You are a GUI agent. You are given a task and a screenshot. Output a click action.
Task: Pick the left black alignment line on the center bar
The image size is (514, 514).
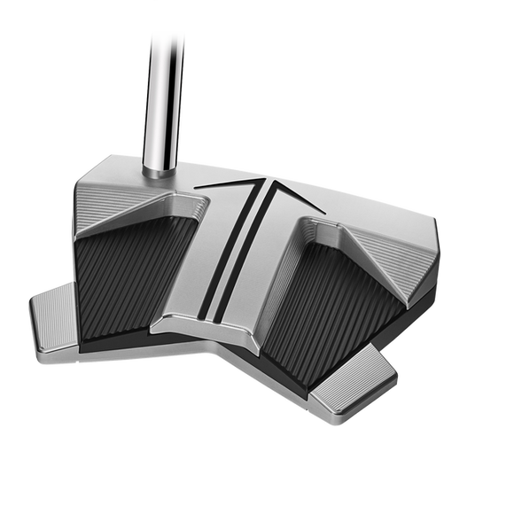pos(222,248)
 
